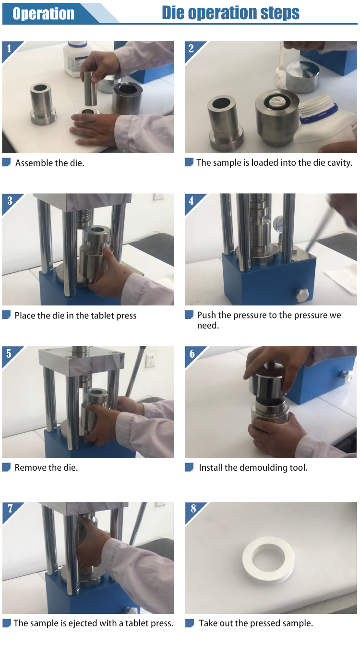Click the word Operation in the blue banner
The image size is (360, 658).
(44, 13)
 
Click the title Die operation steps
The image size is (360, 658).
(230, 12)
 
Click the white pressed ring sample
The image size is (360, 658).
(268, 561)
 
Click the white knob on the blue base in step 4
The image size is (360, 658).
(302, 294)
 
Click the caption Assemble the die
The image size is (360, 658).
(49, 163)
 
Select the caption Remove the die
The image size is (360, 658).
(46, 467)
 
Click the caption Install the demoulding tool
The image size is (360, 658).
(253, 467)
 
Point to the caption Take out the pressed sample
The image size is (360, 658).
(256, 623)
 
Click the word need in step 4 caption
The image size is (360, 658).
(208, 326)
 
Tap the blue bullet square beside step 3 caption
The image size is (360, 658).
(6, 315)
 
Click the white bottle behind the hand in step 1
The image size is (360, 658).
(76, 59)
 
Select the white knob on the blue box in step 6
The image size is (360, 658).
(346, 376)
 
